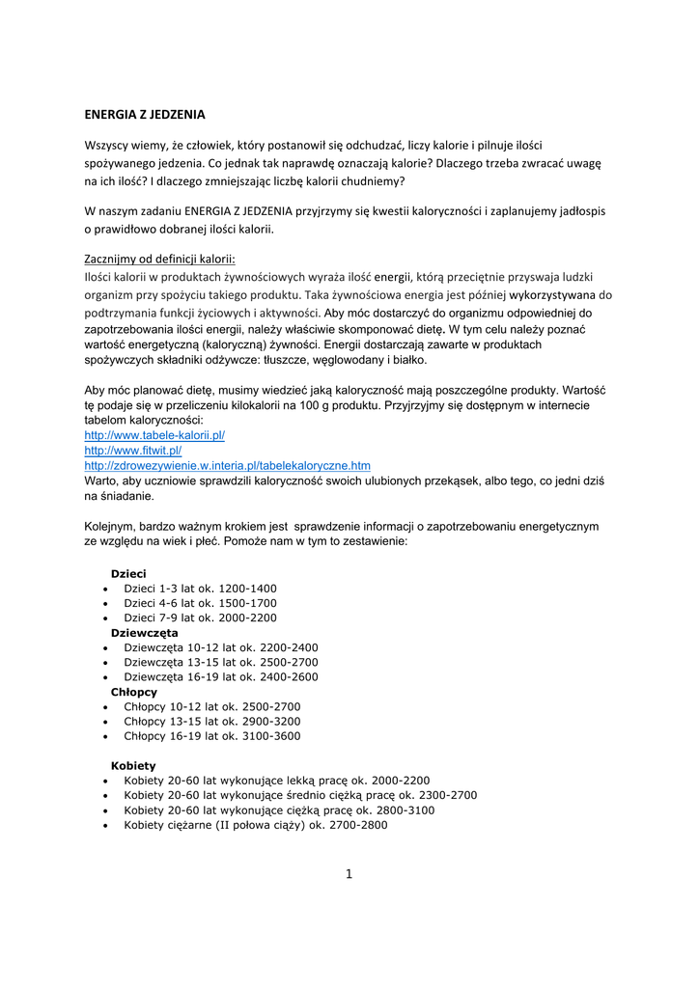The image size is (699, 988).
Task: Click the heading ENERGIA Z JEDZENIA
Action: (x=145, y=114)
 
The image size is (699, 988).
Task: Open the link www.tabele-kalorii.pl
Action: (x=154, y=435)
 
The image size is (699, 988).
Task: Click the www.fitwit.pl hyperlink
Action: (x=133, y=451)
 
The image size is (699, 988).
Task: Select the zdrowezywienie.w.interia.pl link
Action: (x=228, y=465)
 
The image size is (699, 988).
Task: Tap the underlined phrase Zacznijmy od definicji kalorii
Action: (x=160, y=259)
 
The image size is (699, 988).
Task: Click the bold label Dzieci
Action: (x=128, y=574)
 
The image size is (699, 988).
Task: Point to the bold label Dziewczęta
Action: (x=145, y=633)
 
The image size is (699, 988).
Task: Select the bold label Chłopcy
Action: (x=134, y=692)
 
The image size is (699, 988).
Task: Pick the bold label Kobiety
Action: (x=133, y=765)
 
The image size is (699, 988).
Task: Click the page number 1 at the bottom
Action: (x=349, y=874)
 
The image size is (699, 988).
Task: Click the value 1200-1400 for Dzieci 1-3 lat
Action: (x=248, y=589)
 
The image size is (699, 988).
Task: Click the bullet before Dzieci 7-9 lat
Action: (x=104, y=618)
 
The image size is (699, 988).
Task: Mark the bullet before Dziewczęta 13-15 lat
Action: (x=104, y=663)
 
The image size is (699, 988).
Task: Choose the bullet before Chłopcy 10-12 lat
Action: (x=104, y=707)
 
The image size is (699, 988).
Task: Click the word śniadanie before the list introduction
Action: (x=121, y=496)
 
